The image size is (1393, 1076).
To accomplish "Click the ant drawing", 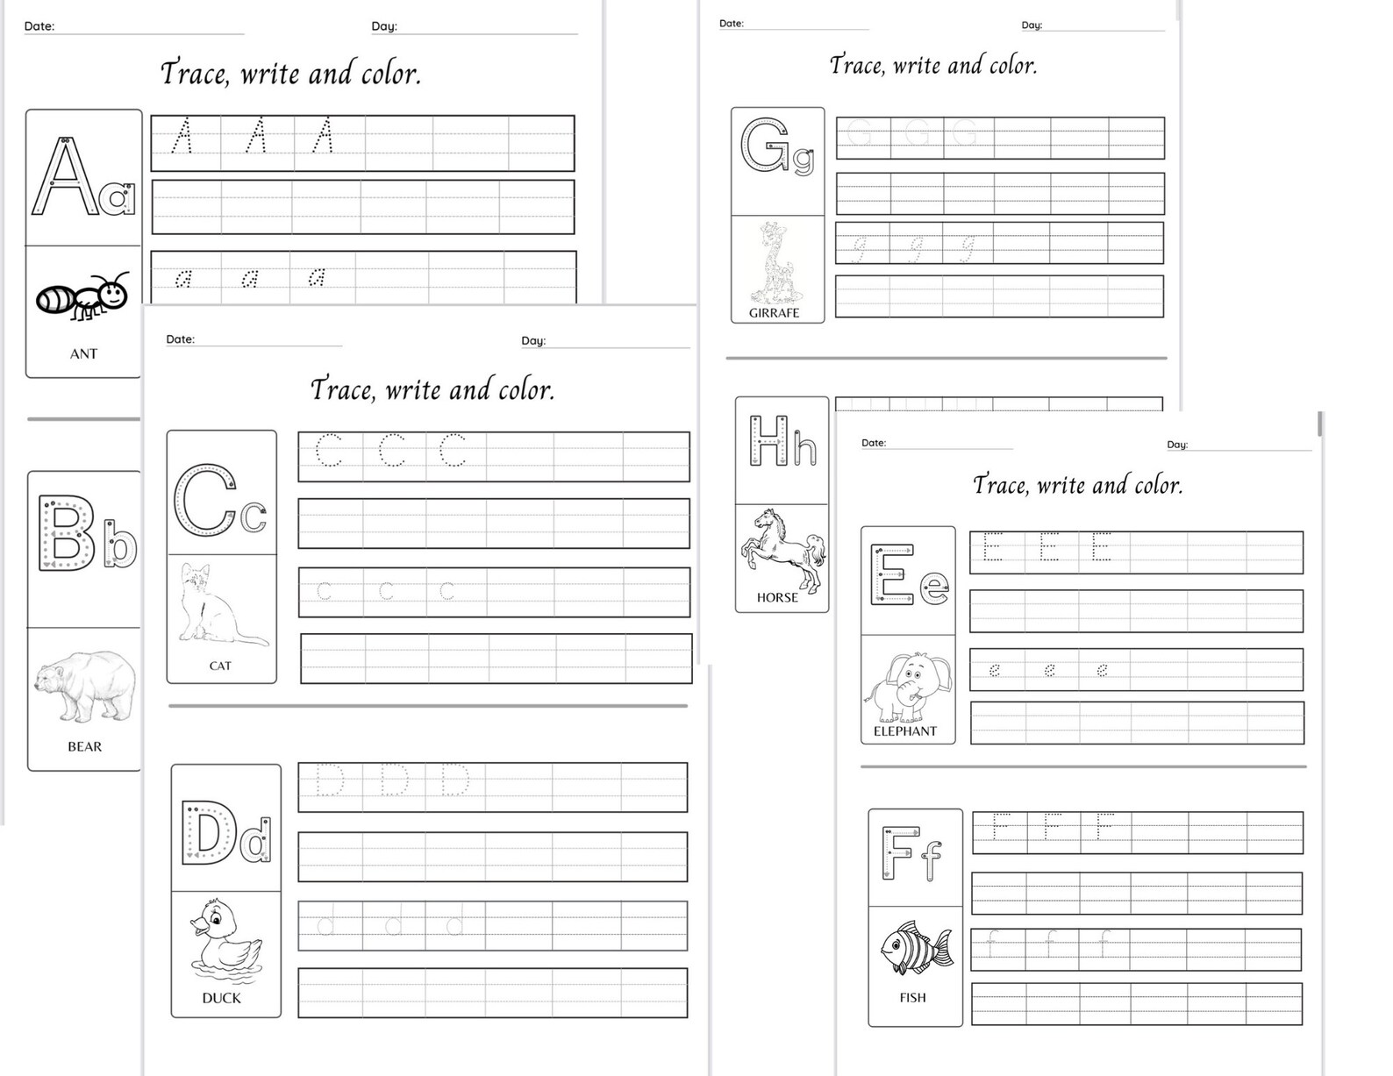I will tap(82, 296).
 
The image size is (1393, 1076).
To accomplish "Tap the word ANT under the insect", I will tap(83, 353).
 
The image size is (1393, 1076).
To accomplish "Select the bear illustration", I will tap(85, 685).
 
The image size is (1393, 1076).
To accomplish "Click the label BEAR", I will tap(85, 746).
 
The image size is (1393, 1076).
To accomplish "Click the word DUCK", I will tap(221, 998).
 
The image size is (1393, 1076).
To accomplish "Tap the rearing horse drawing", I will tap(782, 547).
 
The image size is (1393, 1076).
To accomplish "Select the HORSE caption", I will tap(777, 597).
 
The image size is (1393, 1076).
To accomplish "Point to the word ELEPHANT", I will tap(905, 731).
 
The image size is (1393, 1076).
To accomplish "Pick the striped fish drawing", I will tap(916, 948).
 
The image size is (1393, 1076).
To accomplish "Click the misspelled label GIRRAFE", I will tap(774, 312).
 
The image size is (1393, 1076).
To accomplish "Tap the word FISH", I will tap(912, 997).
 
